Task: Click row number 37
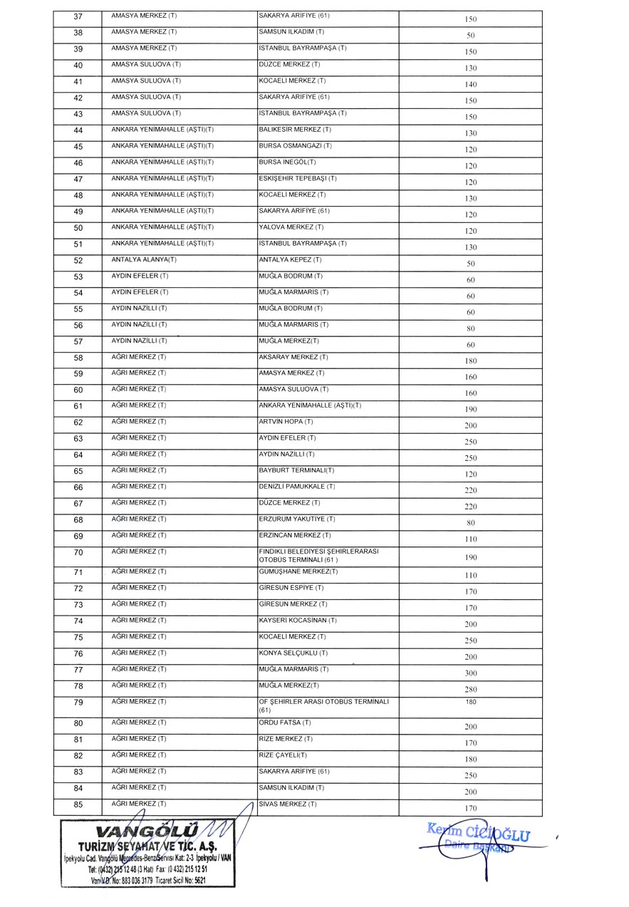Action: [x=78, y=16]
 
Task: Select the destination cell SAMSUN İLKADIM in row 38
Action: [x=291, y=32]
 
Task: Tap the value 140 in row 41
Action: [x=470, y=84]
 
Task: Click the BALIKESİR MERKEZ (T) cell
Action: [x=295, y=130]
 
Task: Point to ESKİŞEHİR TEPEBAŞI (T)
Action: [x=298, y=178]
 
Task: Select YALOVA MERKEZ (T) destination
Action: [x=291, y=227]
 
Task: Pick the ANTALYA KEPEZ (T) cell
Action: [x=290, y=260]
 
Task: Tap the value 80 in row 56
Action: [x=470, y=328]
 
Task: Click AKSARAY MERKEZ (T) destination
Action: [x=293, y=357]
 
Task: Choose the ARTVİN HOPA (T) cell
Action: [x=286, y=422]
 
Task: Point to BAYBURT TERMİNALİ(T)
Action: [x=296, y=470]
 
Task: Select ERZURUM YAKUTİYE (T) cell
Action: [x=297, y=519]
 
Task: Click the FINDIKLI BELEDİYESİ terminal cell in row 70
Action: [x=318, y=555]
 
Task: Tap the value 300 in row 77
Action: [x=470, y=673]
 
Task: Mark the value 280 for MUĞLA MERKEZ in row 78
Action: [x=470, y=689]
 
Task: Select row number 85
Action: [x=78, y=805]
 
